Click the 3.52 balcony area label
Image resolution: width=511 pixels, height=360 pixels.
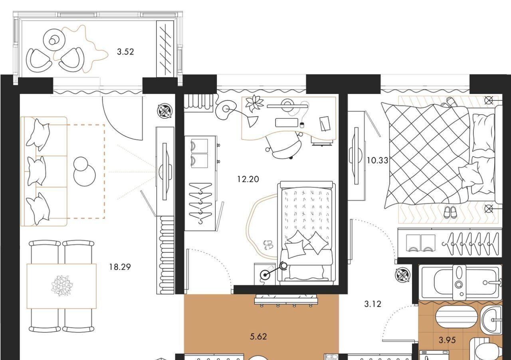click(x=125, y=52)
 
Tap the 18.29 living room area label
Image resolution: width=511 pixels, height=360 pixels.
click(x=120, y=267)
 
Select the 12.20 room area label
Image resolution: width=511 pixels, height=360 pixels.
click(x=248, y=179)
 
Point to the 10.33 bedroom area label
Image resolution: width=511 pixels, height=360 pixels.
click(x=377, y=161)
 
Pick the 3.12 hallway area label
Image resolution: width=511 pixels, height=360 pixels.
click(x=372, y=304)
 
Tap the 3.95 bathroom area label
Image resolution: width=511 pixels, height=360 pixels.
click(x=447, y=346)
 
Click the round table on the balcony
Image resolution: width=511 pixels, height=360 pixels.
click(x=54, y=40)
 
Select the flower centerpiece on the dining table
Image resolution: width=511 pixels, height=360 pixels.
click(x=61, y=285)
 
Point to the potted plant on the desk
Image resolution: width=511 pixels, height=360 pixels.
click(x=254, y=103)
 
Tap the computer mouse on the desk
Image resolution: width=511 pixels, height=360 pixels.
click(x=302, y=125)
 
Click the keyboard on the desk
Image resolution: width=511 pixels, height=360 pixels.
click(x=287, y=123)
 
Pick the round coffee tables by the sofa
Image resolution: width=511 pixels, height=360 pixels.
click(x=84, y=171)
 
